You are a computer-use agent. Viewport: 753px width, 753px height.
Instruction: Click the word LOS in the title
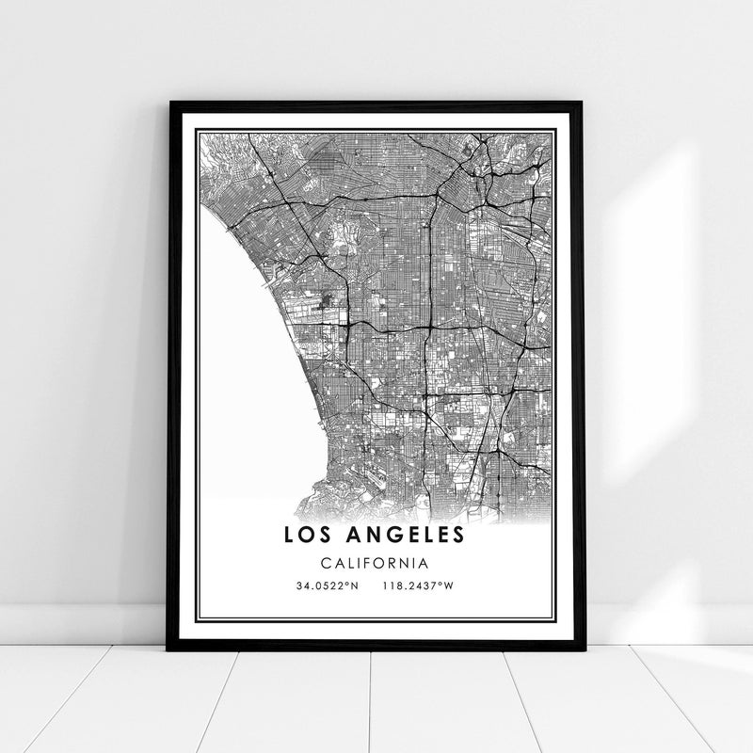pos(312,535)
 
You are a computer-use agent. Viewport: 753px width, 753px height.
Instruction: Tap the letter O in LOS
pos(312,535)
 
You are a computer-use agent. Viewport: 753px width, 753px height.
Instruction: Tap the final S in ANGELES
pos(458,535)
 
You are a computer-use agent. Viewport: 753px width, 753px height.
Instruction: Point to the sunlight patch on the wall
pos(649,282)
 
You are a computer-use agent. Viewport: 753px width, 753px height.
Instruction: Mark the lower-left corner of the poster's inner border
pos(198,619)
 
